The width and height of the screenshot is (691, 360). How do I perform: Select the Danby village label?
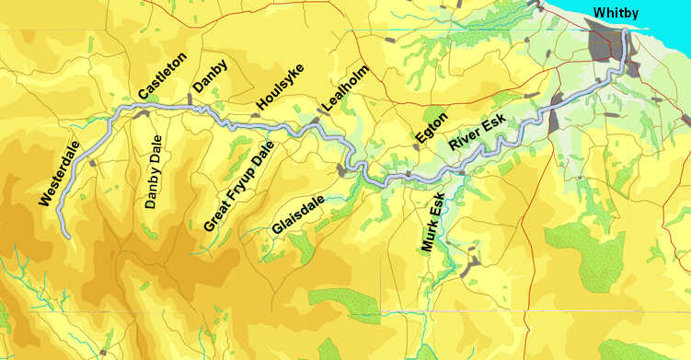click(x=209, y=75)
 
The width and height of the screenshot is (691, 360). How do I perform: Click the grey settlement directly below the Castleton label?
click(x=142, y=114)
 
